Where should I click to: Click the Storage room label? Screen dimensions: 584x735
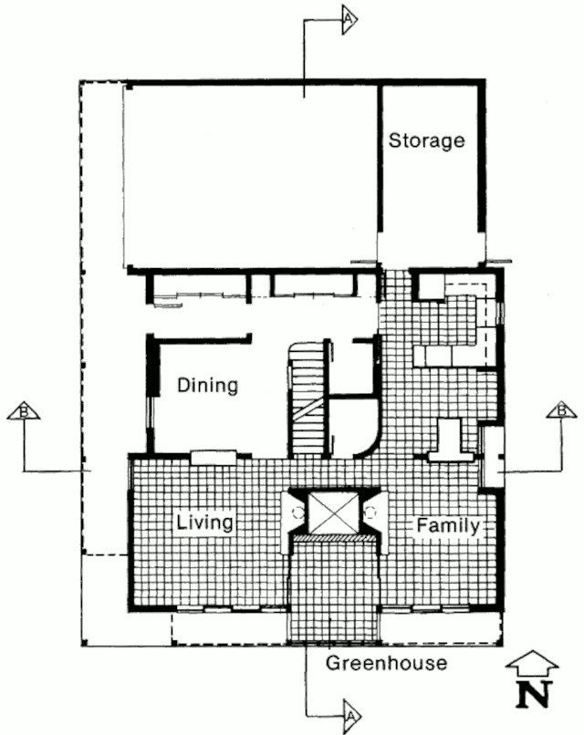(x=426, y=141)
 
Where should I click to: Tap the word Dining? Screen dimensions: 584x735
(x=207, y=386)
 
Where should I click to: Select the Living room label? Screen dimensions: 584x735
(x=204, y=523)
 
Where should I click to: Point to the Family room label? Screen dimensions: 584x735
(x=448, y=525)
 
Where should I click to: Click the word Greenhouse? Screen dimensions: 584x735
(x=387, y=663)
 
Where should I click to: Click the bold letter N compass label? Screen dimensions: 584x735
(x=532, y=695)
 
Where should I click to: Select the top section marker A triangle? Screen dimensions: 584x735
(x=349, y=19)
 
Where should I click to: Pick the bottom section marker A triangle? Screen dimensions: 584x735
(x=351, y=716)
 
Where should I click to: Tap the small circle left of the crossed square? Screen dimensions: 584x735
(x=297, y=512)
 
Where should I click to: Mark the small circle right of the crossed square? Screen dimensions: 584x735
(x=370, y=512)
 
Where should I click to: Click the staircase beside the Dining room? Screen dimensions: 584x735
(x=308, y=399)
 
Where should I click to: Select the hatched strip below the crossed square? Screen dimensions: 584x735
(x=334, y=539)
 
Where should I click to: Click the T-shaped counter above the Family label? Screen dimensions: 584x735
(x=450, y=440)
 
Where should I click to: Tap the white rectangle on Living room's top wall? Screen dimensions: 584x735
(x=214, y=457)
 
